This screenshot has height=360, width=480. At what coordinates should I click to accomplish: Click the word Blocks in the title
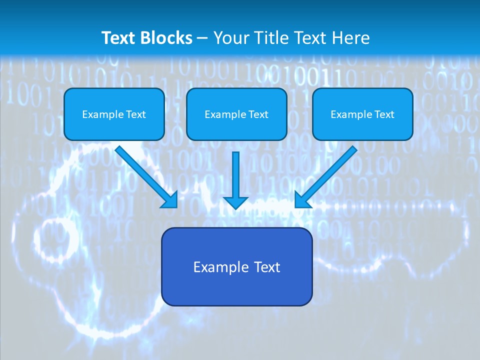(x=165, y=38)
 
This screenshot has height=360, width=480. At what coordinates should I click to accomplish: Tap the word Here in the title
(x=352, y=38)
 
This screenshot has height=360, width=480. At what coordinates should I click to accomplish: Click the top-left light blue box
(x=114, y=114)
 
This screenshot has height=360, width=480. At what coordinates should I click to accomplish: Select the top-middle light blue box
(x=236, y=114)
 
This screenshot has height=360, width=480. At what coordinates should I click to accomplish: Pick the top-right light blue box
(x=362, y=114)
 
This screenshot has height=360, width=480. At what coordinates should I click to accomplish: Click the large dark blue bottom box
(x=236, y=266)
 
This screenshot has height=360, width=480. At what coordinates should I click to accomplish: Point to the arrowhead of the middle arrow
(x=235, y=201)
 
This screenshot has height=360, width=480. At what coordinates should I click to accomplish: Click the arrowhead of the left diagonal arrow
(x=170, y=200)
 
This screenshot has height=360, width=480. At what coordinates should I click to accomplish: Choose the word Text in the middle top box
(x=258, y=114)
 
